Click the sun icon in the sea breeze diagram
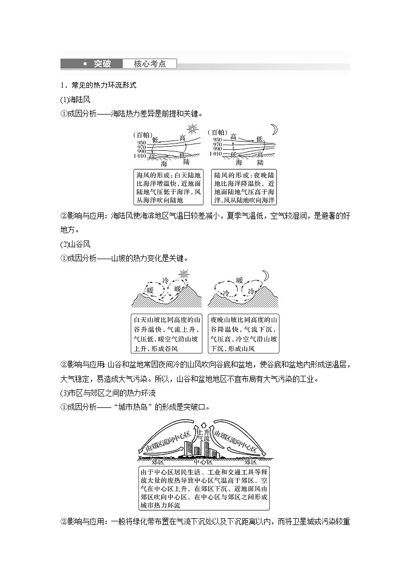click(x=193, y=129)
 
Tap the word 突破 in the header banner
click(x=102, y=64)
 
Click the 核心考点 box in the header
click(x=150, y=64)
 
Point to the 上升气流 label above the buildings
click(x=205, y=435)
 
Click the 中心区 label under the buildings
click(x=203, y=462)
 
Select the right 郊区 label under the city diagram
click(x=251, y=462)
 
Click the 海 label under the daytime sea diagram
click(x=164, y=163)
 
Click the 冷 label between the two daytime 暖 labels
click(x=166, y=280)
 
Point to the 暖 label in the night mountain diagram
click(x=239, y=280)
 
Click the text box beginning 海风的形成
click(x=168, y=187)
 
